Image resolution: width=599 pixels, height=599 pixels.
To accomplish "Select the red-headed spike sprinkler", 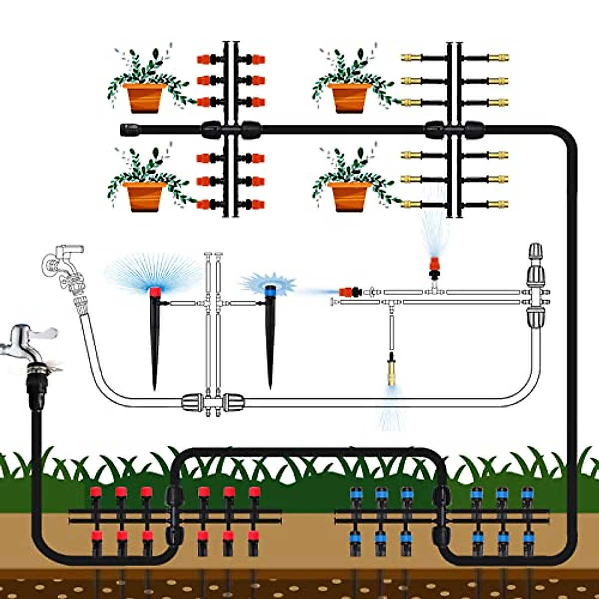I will pyautogui.click(x=155, y=329).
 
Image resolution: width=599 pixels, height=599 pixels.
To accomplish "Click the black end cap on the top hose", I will pyautogui.click(x=131, y=130).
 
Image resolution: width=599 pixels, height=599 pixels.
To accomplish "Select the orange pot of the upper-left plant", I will pyautogui.click(x=144, y=97).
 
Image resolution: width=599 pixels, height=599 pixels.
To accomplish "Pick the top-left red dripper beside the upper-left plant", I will pyautogui.click(x=204, y=59).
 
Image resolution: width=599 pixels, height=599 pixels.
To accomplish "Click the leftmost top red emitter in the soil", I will pyautogui.click(x=95, y=493).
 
